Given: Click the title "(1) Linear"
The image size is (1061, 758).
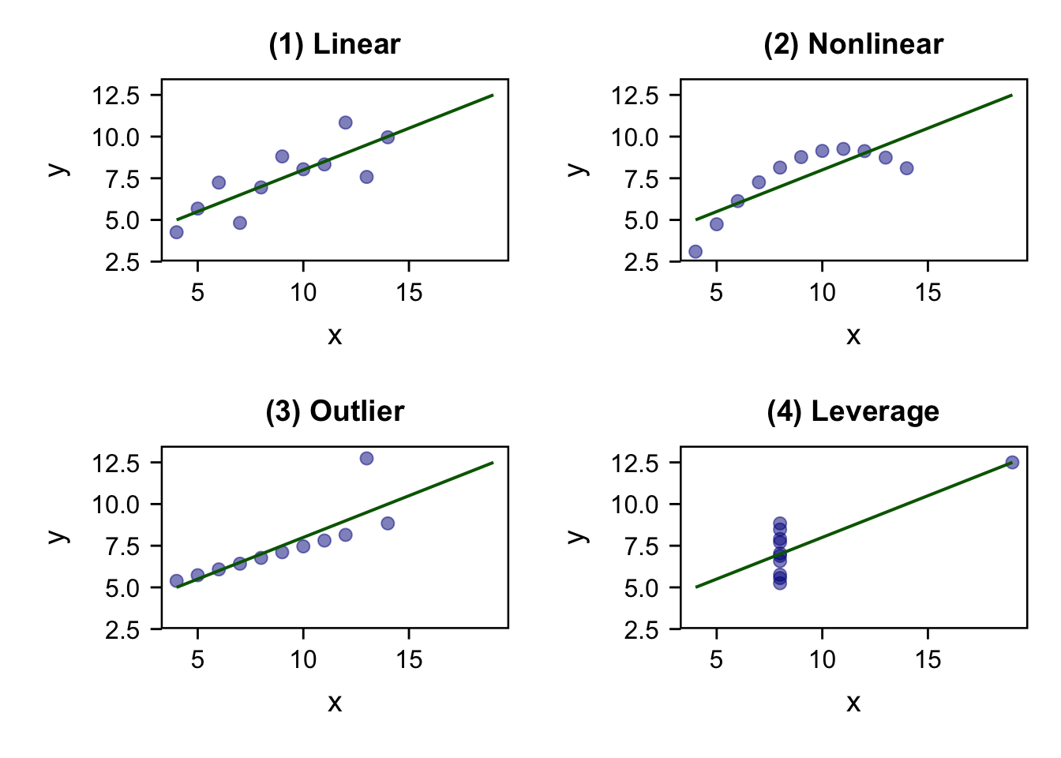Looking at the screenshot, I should (334, 44).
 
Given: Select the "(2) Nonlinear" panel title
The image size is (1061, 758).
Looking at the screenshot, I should (853, 44).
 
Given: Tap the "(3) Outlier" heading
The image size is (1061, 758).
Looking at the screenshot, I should (334, 411).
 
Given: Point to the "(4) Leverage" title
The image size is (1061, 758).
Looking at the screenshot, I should (853, 411).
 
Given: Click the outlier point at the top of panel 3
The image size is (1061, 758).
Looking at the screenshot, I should (366, 459).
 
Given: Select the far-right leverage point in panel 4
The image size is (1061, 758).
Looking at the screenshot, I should (1012, 463).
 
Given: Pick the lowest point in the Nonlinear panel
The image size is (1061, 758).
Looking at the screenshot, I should (695, 252).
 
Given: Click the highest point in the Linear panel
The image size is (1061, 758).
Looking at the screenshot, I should (345, 122).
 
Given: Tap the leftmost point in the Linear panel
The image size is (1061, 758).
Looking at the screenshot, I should (177, 232).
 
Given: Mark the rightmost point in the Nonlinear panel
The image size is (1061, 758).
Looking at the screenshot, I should (906, 168).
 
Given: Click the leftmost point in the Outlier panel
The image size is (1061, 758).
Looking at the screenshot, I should (177, 581).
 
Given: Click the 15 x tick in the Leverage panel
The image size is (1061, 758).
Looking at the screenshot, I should (928, 659).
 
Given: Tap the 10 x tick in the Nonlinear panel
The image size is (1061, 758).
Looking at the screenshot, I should (822, 293).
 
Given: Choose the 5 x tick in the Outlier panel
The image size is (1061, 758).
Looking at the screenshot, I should (197, 659).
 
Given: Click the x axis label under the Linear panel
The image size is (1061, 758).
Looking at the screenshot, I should (335, 336).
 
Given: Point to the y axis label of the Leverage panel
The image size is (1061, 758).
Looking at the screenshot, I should (577, 537).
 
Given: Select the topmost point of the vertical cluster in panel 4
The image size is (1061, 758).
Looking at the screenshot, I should (780, 523).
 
